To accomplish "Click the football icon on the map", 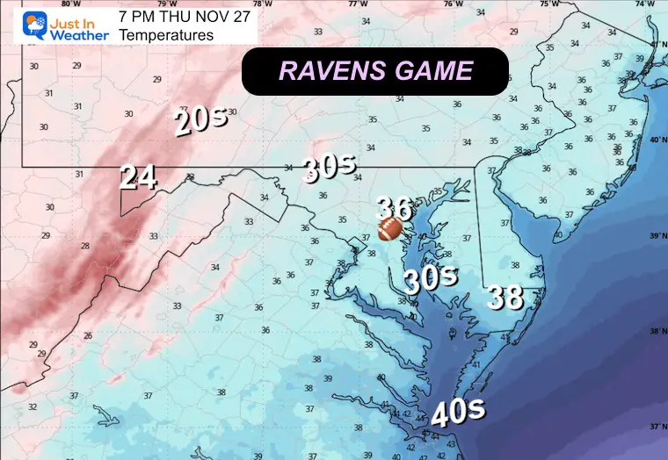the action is (x=390, y=229).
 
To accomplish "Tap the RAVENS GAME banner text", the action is (x=375, y=71).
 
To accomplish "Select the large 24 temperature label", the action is (x=139, y=178).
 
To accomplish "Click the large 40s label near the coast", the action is (x=454, y=411).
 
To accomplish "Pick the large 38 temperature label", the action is (x=506, y=298).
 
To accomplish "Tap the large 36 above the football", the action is (x=394, y=208).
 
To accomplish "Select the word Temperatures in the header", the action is (x=166, y=35).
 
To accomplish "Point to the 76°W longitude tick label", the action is (x=453, y=4).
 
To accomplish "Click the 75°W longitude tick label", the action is (x=548, y=4).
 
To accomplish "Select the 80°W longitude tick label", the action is (x=70, y=4).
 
